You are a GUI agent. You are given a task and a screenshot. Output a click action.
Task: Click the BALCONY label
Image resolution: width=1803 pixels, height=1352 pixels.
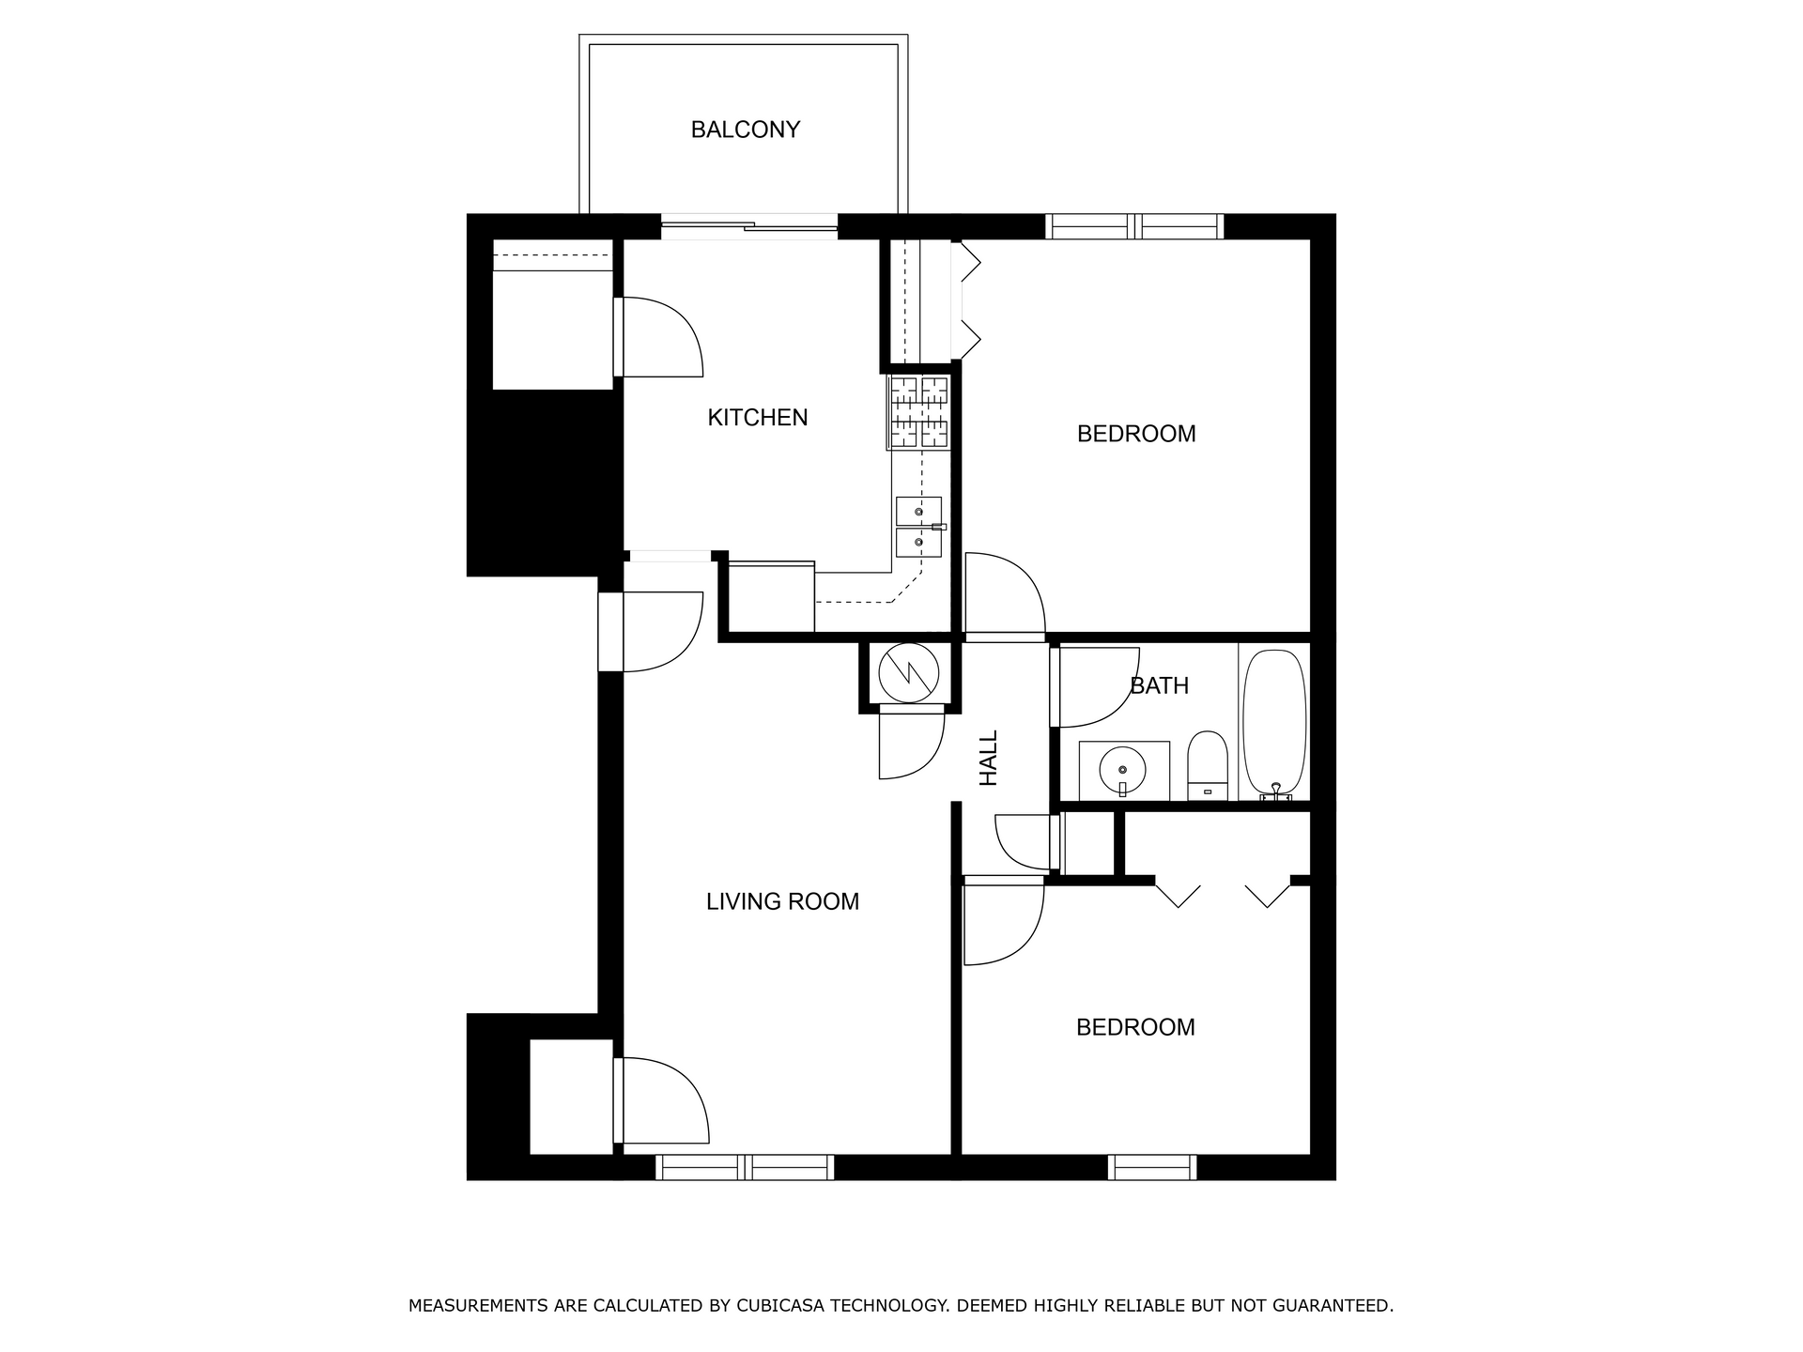[745, 130]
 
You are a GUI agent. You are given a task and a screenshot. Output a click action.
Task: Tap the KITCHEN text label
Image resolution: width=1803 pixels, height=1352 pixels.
[758, 418]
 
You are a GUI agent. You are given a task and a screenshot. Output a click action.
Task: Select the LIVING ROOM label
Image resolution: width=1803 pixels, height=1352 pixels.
[782, 902]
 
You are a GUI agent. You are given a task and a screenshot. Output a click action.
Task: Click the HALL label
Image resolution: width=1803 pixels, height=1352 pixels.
[989, 759]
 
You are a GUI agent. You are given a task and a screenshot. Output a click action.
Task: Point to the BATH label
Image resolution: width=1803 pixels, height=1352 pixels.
[1160, 686]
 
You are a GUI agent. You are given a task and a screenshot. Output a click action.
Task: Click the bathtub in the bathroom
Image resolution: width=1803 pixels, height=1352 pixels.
[1274, 723]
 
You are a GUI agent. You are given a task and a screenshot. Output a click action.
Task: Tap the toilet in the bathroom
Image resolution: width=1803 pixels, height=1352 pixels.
[1208, 766]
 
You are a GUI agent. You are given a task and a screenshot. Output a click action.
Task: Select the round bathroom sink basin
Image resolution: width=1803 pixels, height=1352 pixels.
[1123, 770]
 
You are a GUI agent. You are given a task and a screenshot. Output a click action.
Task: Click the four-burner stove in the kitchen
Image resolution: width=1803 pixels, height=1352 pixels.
[919, 411]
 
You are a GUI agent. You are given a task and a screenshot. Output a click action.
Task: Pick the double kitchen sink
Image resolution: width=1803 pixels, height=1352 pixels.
[919, 527]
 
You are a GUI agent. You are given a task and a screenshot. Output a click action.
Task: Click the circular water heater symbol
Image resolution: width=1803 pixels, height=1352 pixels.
[909, 672]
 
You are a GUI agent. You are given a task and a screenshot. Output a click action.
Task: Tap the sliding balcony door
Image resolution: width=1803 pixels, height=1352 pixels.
[749, 225]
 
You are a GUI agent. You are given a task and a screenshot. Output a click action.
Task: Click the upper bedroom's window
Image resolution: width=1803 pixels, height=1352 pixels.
[1135, 226]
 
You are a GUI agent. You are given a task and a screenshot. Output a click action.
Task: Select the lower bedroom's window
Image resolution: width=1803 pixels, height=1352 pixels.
[1152, 1167]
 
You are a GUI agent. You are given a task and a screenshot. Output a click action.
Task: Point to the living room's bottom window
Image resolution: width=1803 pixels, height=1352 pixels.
[745, 1167]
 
